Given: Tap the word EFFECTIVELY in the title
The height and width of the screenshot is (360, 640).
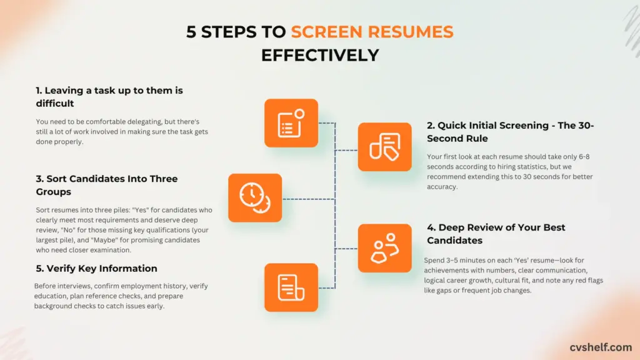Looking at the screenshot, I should coord(320,55).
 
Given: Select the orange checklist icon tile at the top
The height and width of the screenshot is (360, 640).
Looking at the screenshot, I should coord(291,122).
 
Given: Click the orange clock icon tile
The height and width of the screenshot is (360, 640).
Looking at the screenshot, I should coord(255,197).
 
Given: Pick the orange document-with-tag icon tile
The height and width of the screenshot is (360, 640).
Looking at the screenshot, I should coord(384,147).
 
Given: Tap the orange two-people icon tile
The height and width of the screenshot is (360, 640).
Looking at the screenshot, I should coord(384,247).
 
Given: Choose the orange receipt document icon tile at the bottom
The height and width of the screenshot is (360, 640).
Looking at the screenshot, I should coord(291,287).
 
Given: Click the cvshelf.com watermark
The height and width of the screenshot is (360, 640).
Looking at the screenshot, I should coord(600,346).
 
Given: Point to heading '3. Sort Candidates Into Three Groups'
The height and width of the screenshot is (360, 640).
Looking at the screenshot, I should coord(106,186).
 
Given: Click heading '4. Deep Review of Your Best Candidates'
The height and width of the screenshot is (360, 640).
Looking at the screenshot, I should coord(496,234).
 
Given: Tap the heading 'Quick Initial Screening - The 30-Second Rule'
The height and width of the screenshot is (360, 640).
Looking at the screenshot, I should coord(510,132).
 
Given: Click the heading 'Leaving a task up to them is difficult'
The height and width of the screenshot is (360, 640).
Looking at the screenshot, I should coord(109,96).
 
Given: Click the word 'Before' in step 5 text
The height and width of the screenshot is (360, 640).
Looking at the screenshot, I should coord(46,286).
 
